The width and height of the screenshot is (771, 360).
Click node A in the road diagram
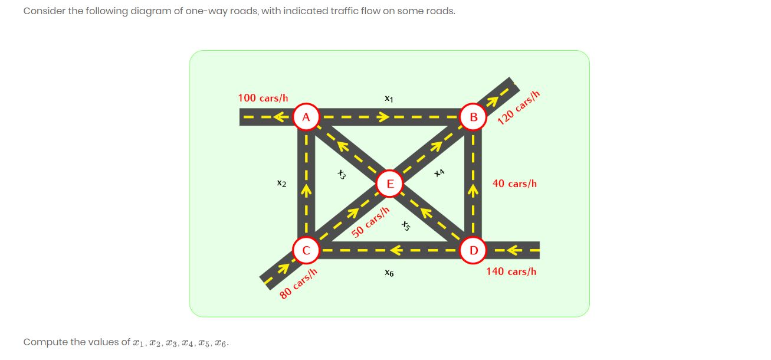(306, 117)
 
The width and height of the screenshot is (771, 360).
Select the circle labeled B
(473, 117)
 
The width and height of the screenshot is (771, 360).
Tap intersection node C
(306, 250)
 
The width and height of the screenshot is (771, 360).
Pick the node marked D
(473, 250)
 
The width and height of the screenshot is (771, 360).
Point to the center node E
(389, 184)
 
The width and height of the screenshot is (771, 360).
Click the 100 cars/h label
(263, 97)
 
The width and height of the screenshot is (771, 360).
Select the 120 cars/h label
(519, 109)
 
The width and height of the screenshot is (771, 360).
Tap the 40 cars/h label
(514, 184)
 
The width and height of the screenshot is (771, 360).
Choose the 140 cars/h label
(511, 271)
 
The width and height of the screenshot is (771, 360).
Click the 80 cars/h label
(298, 284)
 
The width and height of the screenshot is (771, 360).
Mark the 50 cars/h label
(371, 222)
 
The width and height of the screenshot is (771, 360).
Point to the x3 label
(341, 174)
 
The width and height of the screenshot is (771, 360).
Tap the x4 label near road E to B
(438, 173)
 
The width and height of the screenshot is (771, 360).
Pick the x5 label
(405, 225)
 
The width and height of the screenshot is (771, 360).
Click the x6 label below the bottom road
(388, 273)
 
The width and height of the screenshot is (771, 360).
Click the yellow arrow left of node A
(283, 116)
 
